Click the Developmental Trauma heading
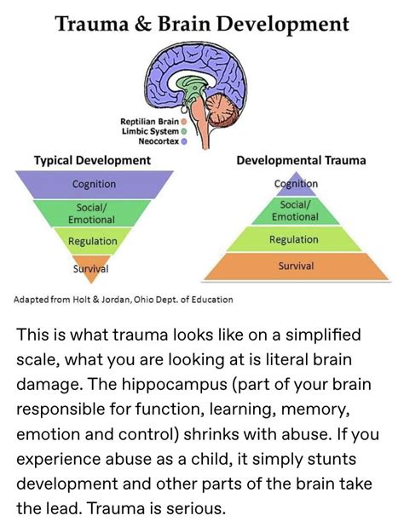(301, 160)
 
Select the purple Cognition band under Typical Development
(95, 184)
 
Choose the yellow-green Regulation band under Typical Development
(94, 241)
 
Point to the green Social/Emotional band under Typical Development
(94, 212)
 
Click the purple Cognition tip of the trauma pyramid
(296, 182)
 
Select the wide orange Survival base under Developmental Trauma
(296, 267)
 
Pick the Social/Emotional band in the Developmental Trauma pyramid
(295, 210)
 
